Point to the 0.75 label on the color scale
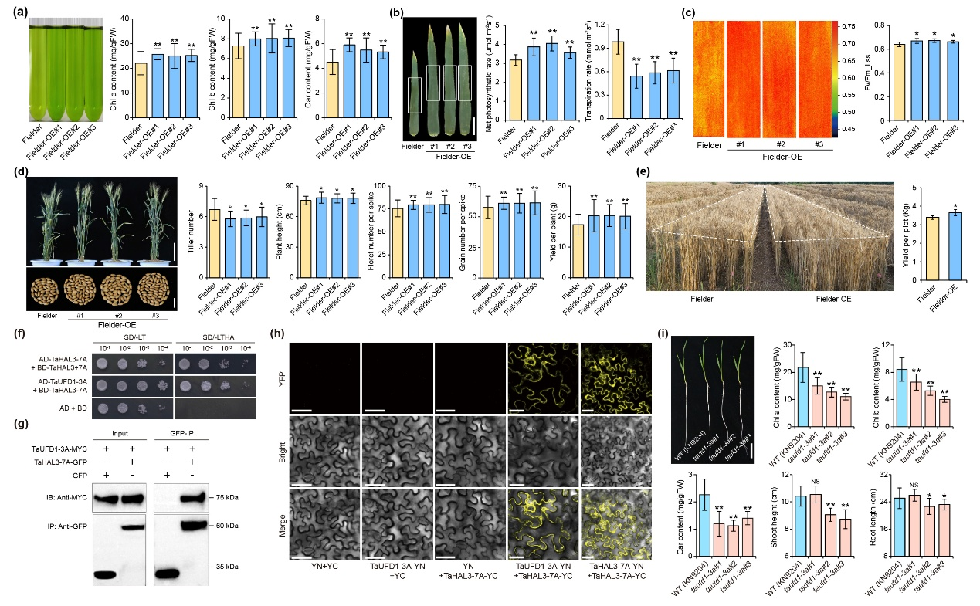coord(849,25)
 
